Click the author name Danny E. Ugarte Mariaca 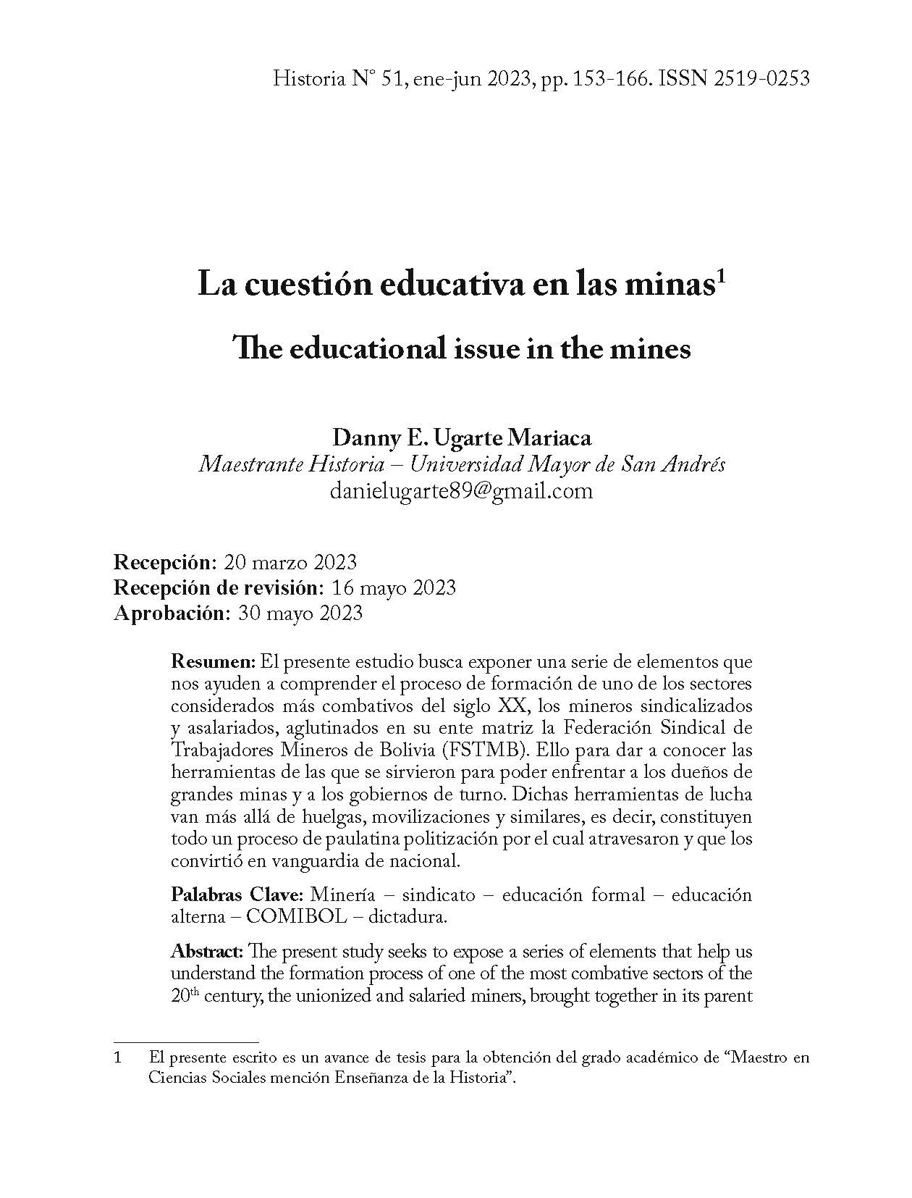pyautogui.click(x=461, y=438)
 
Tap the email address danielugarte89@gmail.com pyautogui.click(x=461, y=491)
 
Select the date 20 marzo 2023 pyautogui.click(x=290, y=562)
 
